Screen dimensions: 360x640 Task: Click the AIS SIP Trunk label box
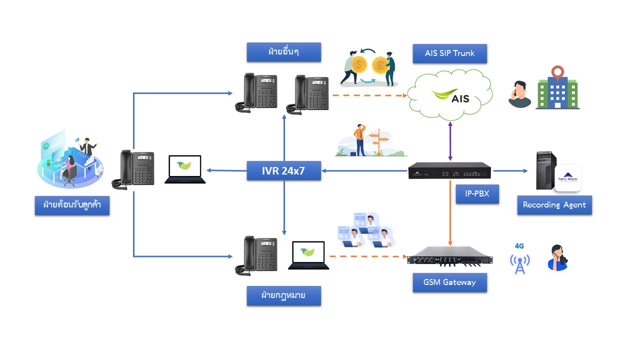click(449, 53)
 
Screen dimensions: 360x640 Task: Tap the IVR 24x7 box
click(284, 171)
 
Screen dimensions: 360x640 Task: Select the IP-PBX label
click(477, 194)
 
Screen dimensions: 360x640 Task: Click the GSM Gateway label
click(449, 282)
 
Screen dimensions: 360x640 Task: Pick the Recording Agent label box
click(554, 205)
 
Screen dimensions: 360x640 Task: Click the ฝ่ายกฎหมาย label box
click(283, 296)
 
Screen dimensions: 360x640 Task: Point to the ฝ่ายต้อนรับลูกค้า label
click(72, 205)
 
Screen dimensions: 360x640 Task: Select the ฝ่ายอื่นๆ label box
click(283, 52)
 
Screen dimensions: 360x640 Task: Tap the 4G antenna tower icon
click(520, 263)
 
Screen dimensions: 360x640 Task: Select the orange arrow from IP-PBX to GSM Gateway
click(450, 215)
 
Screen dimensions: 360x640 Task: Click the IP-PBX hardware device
click(449, 171)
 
